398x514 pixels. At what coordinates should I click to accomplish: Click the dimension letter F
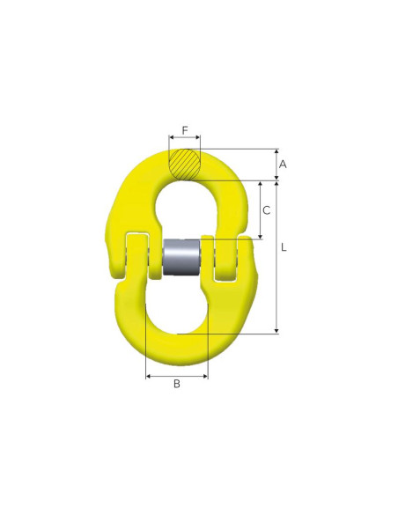184,130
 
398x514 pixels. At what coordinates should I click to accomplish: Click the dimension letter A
284,164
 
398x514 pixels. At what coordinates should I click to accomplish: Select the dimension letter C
266,210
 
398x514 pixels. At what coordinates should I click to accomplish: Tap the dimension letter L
284,248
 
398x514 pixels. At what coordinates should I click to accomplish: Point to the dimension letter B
176,384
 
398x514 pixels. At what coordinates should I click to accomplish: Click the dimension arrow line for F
184,138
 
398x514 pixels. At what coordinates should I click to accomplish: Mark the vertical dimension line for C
261,210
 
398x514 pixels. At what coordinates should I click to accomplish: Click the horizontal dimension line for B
176,376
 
